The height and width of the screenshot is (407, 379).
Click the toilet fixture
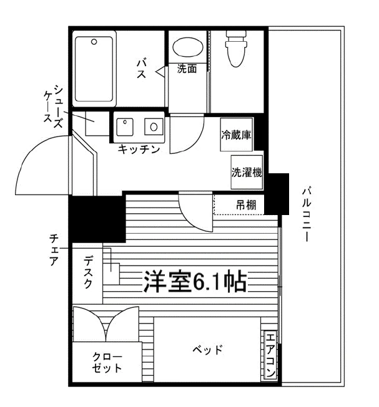click(236, 48)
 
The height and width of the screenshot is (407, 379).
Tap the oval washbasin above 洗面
click(188, 47)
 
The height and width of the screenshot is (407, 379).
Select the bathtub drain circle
click(94, 42)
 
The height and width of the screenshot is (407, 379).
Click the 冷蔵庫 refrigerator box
click(236, 135)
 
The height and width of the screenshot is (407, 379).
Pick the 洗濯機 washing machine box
click(247, 172)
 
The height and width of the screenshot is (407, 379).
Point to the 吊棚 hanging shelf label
click(246, 205)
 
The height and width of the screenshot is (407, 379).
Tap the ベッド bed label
click(207, 350)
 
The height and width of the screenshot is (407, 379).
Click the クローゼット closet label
click(107, 362)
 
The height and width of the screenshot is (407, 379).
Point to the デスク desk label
click(88, 272)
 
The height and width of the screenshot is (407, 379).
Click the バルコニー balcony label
click(307, 214)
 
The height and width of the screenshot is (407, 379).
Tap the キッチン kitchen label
click(139, 149)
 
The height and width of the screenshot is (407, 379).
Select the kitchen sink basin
click(125, 127)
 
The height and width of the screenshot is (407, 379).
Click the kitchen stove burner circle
click(154, 127)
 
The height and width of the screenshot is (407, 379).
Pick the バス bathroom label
click(142, 69)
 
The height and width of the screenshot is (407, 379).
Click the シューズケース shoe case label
click(53, 107)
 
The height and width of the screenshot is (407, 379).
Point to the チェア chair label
click(54, 250)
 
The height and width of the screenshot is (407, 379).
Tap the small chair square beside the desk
click(112, 274)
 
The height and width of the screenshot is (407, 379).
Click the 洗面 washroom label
click(187, 69)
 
